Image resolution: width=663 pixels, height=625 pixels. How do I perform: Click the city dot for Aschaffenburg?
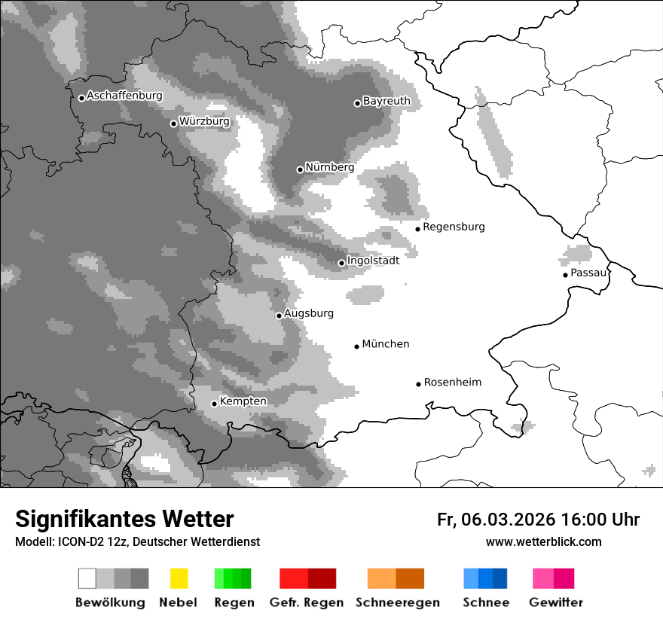pyautogui.click(x=81, y=98)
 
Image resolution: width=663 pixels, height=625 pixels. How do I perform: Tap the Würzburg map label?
pyautogui.click(x=204, y=121)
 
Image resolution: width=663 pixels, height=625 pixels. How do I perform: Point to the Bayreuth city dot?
pyautogui.click(x=357, y=103)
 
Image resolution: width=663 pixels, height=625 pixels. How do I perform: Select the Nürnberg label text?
pyautogui.click(x=329, y=167)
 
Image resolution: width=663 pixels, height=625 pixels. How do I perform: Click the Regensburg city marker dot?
pyautogui.click(x=417, y=229)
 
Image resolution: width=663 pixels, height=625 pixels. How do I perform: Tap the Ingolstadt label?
pyautogui.click(x=373, y=261)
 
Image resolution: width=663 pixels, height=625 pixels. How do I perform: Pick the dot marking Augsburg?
pyautogui.click(x=279, y=316)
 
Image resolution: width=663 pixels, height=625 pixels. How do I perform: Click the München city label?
pyautogui.click(x=386, y=344)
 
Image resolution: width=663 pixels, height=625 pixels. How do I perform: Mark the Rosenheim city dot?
pyautogui.click(x=418, y=384)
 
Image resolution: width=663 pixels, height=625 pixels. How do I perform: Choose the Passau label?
pyautogui.click(x=588, y=273)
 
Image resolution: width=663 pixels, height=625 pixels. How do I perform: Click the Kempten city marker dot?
pyautogui.click(x=214, y=404)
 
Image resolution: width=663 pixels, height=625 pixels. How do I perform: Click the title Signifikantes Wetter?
pyautogui.click(x=124, y=519)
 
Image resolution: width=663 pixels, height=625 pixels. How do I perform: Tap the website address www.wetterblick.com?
pyautogui.click(x=543, y=541)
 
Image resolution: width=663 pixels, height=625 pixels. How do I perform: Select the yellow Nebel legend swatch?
pyautogui.click(x=179, y=578)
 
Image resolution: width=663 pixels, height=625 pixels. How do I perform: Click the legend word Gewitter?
pyautogui.click(x=556, y=602)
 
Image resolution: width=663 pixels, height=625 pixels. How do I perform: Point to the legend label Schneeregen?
pyautogui.click(x=397, y=602)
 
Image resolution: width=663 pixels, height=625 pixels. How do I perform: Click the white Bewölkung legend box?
pyautogui.click(x=87, y=578)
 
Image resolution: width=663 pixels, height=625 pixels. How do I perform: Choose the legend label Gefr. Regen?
pyautogui.click(x=306, y=602)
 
